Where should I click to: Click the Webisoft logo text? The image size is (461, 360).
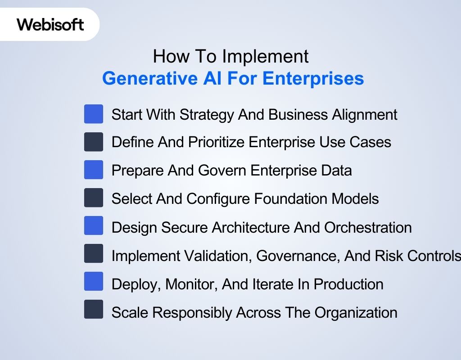50,24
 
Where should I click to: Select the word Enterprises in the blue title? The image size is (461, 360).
313,78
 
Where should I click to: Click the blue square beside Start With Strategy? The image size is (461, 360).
93,114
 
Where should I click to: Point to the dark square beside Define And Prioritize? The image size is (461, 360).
93,142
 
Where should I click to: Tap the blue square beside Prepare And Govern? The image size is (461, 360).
93,170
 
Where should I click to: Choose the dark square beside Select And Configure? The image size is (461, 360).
93,198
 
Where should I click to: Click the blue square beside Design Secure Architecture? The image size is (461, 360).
93,226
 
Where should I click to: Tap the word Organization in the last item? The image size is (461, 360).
356,313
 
